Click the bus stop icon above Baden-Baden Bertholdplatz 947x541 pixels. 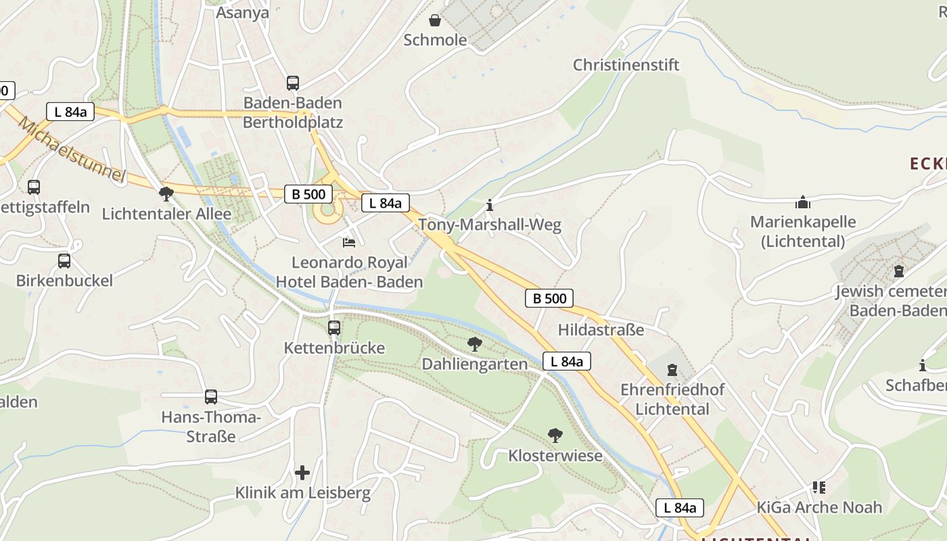[x=292, y=83]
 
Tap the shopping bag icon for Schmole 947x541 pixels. [x=435, y=21]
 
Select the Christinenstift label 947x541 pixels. [x=626, y=65]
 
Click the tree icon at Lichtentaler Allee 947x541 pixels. [x=166, y=195]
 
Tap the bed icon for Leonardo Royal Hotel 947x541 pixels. [x=349, y=242]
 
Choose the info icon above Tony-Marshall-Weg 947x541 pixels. [x=490, y=204]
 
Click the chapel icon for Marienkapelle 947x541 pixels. [x=803, y=202]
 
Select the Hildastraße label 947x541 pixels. [x=601, y=329]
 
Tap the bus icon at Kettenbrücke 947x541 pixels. [x=334, y=328]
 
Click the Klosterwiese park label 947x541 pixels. [x=555, y=456]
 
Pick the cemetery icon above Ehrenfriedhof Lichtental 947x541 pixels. [x=672, y=370]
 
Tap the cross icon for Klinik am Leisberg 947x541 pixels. [x=302, y=472]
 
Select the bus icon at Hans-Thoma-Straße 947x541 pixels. [x=211, y=397]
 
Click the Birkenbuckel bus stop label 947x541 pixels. [x=64, y=280]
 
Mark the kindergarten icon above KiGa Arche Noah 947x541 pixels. [x=819, y=487]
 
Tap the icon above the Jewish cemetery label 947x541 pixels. [x=898, y=271]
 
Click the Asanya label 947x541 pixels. [x=242, y=12]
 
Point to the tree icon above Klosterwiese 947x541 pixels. [x=555, y=436]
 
